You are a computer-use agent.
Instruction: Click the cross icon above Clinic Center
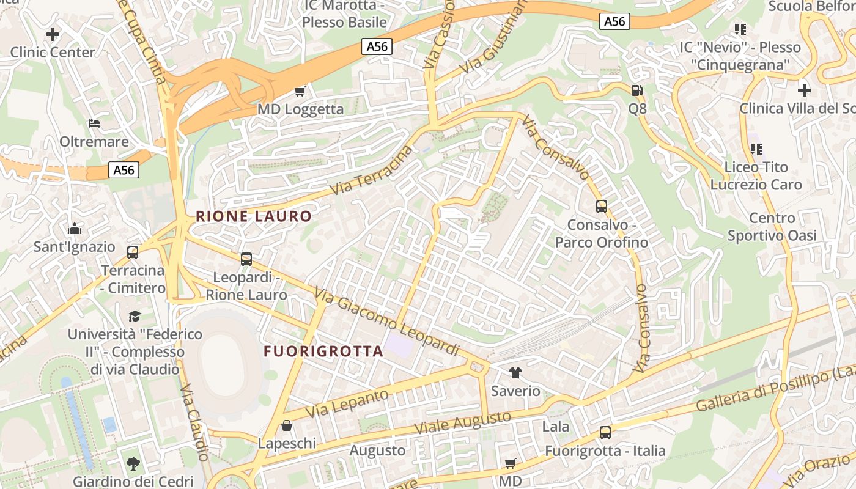[x=53, y=34]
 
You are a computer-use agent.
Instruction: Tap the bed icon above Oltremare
[x=94, y=123]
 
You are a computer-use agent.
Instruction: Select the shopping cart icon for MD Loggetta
[x=300, y=92]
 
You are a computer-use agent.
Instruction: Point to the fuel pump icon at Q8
[x=636, y=90]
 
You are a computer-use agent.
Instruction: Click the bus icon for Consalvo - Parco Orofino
[x=602, y=207]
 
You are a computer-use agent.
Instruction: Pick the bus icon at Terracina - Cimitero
[x=133, y=252]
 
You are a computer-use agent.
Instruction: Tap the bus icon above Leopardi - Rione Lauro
[x=246, y=259]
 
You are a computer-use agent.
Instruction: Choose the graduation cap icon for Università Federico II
[x=135, y=316]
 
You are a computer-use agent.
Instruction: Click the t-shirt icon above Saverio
[x=515, y=373]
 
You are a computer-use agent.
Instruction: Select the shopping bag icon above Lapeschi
[x=287, y=425]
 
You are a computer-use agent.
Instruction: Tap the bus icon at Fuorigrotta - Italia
[x=605, y=433]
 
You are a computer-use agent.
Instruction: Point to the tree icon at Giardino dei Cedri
[x=133, y=464]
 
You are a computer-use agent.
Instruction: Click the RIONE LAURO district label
[x=254, y=216]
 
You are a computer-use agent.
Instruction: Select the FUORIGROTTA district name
[x=323, y=351]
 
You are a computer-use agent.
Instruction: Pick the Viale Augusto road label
[x=462, y=422]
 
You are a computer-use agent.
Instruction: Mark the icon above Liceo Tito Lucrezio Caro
[x=756, y=149]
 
